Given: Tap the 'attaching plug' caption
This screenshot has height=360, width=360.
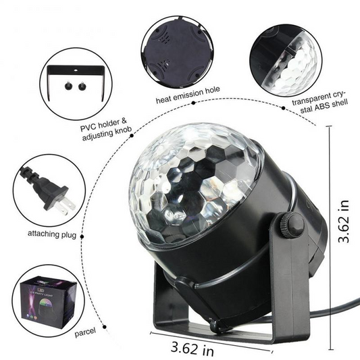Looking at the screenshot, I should (41, 234).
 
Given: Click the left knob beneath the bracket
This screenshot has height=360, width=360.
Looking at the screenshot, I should (69, 86).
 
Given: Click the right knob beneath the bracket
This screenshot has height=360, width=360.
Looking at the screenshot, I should (83, 86).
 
